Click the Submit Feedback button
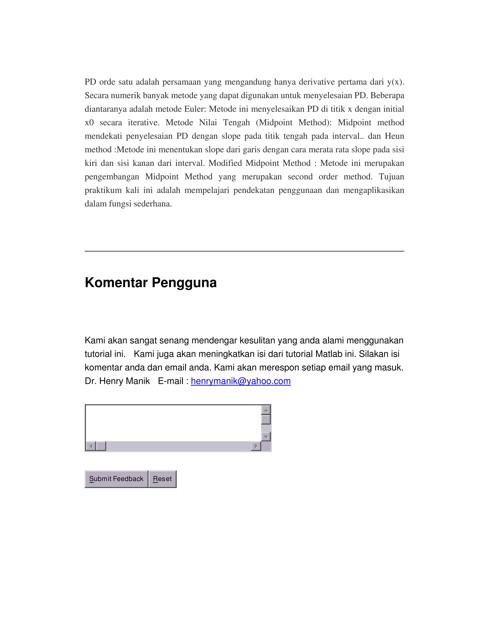point(116,479)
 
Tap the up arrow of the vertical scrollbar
point(266,410)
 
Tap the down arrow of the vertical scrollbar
point(266,436)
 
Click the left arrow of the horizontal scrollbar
point(91,446)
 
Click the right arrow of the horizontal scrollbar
point(256,446)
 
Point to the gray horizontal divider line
point(244,251)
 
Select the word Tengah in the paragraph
point(236,123)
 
